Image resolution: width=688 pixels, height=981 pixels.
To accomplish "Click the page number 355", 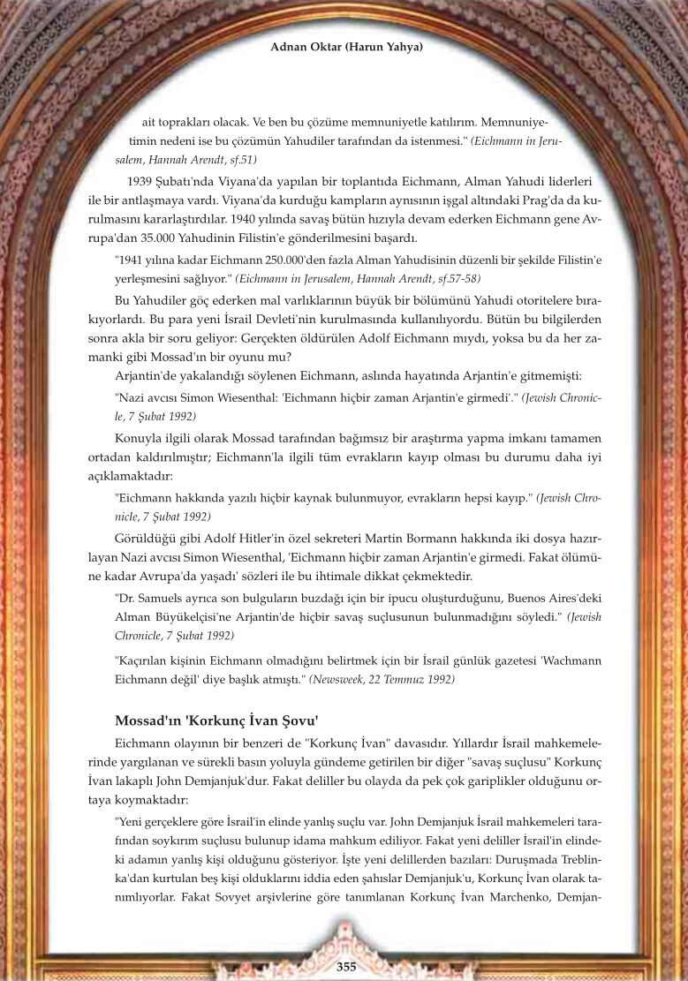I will (346, 967).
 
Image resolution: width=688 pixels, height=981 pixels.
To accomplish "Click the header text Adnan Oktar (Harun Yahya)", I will (346, 46).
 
